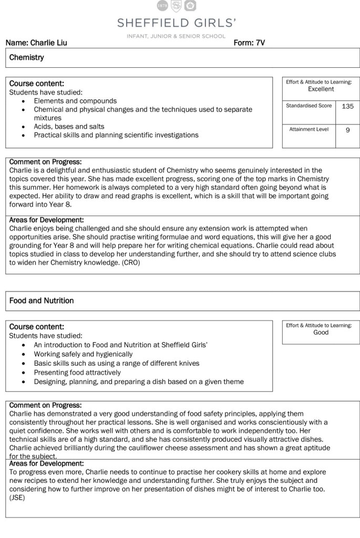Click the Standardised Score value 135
347,106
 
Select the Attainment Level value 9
347,130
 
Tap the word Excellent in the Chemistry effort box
321,89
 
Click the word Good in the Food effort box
321,333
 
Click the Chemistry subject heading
26,57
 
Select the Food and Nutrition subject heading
42,301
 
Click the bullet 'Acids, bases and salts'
69,127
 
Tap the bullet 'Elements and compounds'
75,101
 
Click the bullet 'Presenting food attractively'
77,373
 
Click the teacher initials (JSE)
17,497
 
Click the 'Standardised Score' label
308,106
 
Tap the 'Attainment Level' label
308,129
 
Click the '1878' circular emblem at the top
163,5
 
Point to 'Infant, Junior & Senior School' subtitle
176,36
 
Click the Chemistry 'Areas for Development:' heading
46,220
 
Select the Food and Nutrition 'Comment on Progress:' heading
45,405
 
